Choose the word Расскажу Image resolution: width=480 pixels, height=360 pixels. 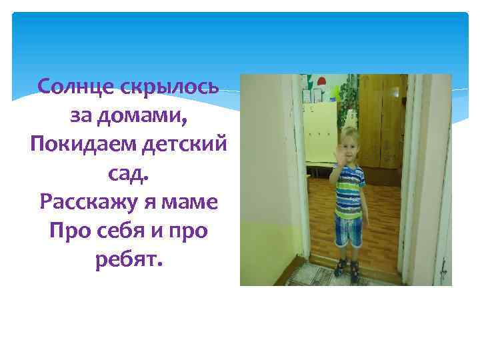point(88,202)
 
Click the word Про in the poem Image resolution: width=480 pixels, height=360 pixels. point(70,231)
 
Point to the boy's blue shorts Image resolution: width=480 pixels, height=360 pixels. point(349,230)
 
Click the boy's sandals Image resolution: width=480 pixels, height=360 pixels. point(348,269)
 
